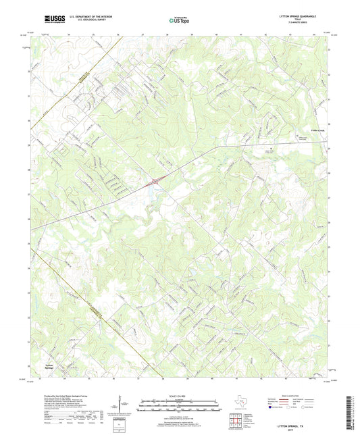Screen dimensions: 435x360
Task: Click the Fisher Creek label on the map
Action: [x=314, y=124]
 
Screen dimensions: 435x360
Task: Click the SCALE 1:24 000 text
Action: [x=179, y=396]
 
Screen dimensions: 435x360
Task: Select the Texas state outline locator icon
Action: [x=240, y=405]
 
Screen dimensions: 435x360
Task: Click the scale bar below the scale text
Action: [x=179, y=405]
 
